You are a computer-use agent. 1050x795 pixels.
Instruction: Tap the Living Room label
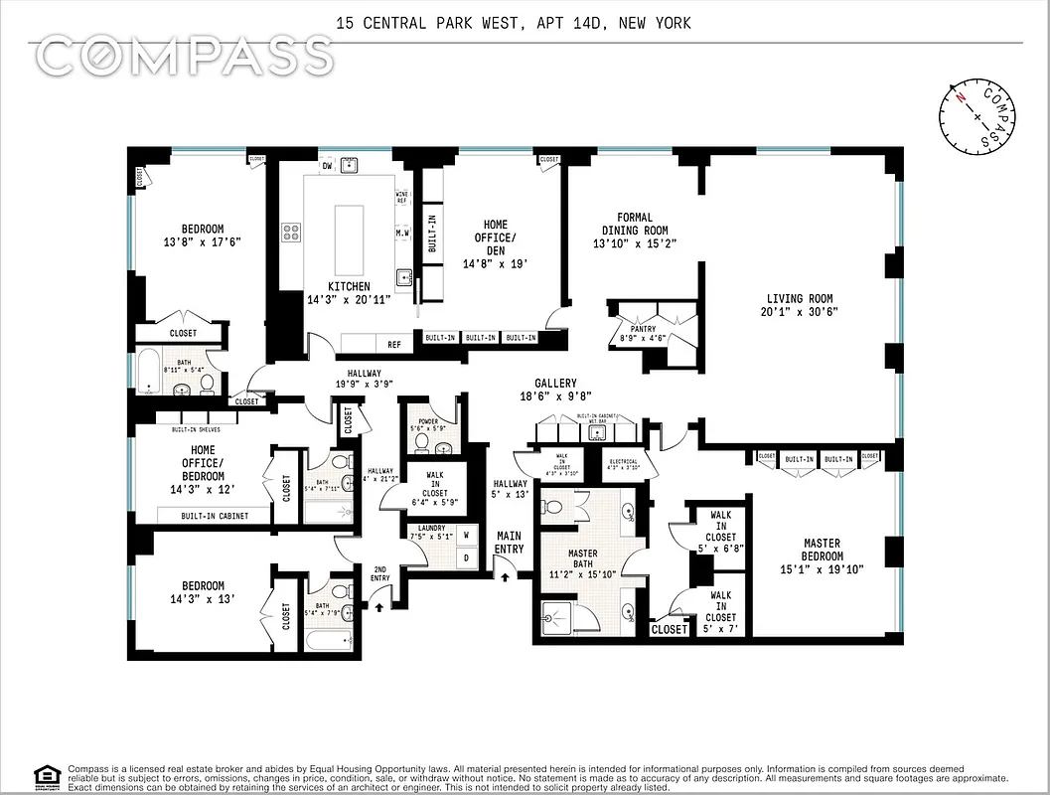pyautogui.click(x=799, y=299)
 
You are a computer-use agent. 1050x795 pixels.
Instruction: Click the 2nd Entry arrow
pyautogui.click(x=379, y=601)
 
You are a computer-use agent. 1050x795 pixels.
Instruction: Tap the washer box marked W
pyautogui.click(x=465, y=536)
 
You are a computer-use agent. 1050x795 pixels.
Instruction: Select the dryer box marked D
pyautogui.click(x=465, y=557)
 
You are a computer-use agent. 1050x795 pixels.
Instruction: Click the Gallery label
pyautogui.click(x=555, y=383)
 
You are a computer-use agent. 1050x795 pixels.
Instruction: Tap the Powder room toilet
pyautogui.click(x=421, y=438)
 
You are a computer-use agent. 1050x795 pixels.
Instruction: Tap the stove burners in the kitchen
pyautogui.click(x=291, y=233)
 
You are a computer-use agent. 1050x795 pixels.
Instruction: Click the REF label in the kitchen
pyautogui.click(x=394, y=345)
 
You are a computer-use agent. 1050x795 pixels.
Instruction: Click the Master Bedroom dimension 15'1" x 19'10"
pyautogui.click(x=821, y=569)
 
